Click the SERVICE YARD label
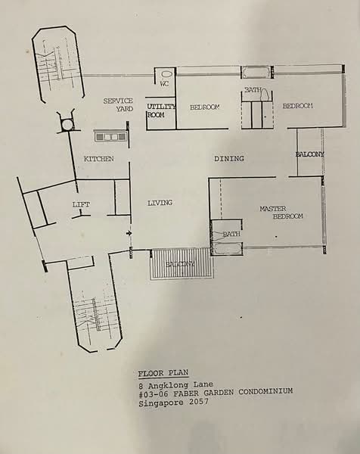(x=119, y=104)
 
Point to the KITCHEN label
(x=99, y=159)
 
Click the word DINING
(x=228, y=159)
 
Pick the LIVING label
(x=160, y=203)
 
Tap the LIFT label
(x=81, y=205)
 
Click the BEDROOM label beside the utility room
(x=204, y=107)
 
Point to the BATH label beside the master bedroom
(x=231, y=234)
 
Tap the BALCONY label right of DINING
(x=309, y=154)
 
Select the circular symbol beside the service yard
(x=67, y=123)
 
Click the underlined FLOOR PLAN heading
(x=163, y=373)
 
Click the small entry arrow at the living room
(x=129, y=234)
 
